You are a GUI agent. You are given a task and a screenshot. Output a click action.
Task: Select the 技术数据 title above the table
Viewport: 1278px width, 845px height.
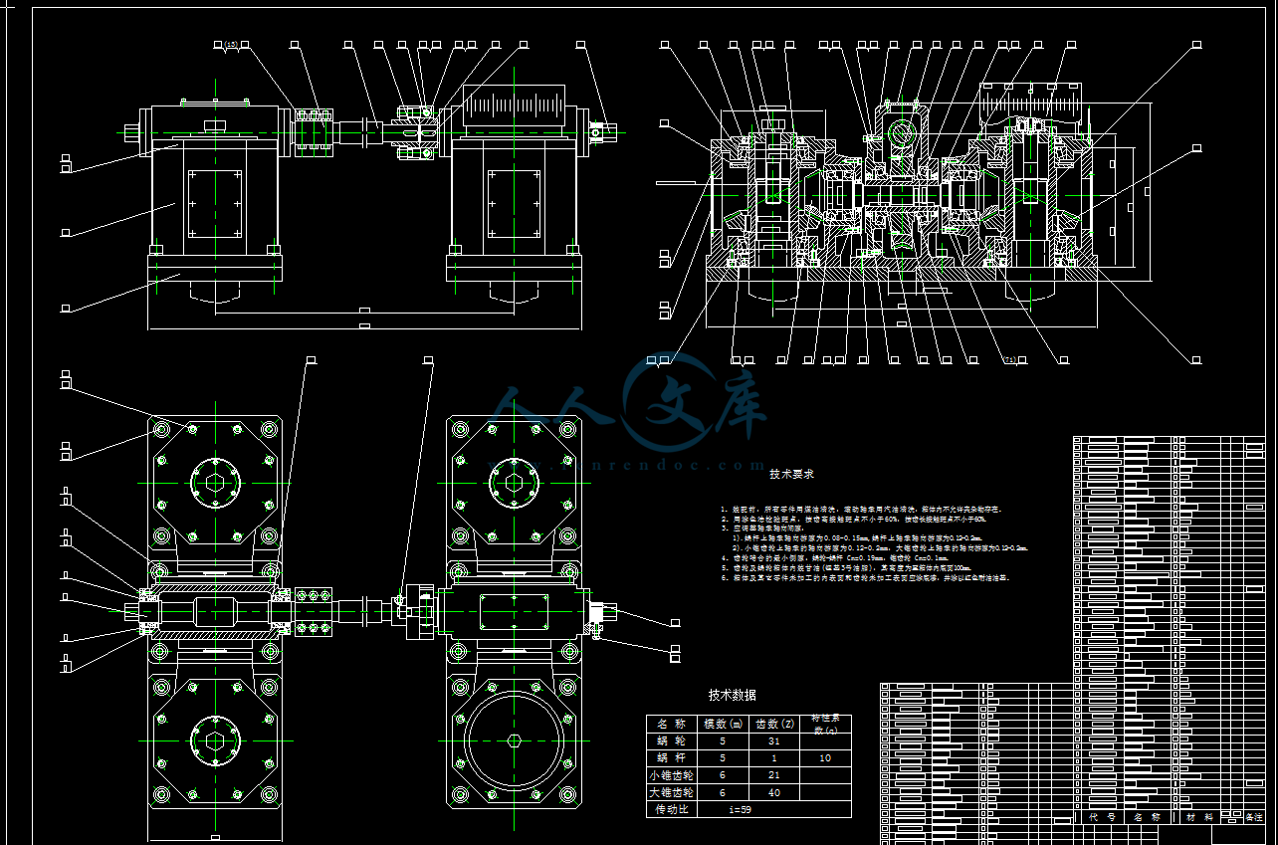click(732, 695)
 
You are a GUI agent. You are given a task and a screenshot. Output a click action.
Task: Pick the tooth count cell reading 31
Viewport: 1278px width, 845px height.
click(774, 741)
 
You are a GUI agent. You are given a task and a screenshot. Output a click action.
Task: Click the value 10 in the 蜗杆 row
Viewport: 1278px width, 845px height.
click(825, 758)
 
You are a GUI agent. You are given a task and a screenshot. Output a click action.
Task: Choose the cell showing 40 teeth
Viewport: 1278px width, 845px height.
click(774, 792)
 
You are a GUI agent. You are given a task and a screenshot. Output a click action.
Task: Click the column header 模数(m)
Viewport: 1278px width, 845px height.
click(723, 724)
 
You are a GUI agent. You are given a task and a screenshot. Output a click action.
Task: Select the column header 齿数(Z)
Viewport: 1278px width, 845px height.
click(774, 724)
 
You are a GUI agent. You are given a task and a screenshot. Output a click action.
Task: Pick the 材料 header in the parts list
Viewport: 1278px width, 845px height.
click(1199, 817)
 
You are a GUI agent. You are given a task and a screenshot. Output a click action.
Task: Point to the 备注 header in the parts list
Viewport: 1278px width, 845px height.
click(1253, 817)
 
